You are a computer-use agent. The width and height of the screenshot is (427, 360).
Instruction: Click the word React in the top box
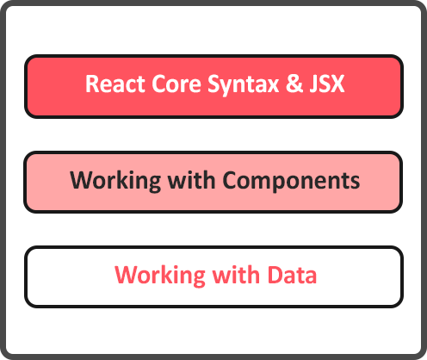pyautogui.click(x=115, y=84)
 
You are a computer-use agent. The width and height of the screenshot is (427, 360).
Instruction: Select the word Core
pyautogui.click(x=176, y=84)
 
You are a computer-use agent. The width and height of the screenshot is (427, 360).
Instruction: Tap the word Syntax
pyautogui.click(x=243, y=85)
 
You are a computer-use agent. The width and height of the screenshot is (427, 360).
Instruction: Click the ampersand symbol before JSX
pyautogui.click(x=294, y=84)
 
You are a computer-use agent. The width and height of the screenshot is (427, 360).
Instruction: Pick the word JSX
pyautogui.click(x=327, y=84)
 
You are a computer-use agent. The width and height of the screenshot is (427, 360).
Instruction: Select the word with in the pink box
pyautogui.click(x=191, y=180)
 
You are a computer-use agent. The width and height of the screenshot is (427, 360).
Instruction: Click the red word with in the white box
pyautogui.click(x=236, y=275)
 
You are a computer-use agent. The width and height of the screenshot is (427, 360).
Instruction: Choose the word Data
pyautogui.click(x=292, y=275)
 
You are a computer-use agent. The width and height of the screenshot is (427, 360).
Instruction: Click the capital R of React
pyautogui.click(x=92, y=84)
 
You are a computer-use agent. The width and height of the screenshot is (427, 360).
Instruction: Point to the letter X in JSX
pyautogui.click(x=337, y=84)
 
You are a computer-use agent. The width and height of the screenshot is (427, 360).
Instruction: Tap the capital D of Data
pyautogui.click(x=275, y=275)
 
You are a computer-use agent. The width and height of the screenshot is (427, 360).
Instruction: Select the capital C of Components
pyautogui.click(x=230, y=180)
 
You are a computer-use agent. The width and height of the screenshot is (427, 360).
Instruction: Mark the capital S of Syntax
pyautogui.click(x=214, y=84)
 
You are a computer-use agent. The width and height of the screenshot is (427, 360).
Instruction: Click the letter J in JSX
pyautogui.click(x=313, y=84)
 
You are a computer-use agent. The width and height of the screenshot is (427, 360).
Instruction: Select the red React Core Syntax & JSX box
pyautogui.click(x=213, y=86)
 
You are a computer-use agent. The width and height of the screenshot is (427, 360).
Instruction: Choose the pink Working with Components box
pyautogui.click(x=213, y=182)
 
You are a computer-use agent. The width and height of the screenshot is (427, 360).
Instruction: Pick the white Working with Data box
pyautogui.click(x=213, y=276)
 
